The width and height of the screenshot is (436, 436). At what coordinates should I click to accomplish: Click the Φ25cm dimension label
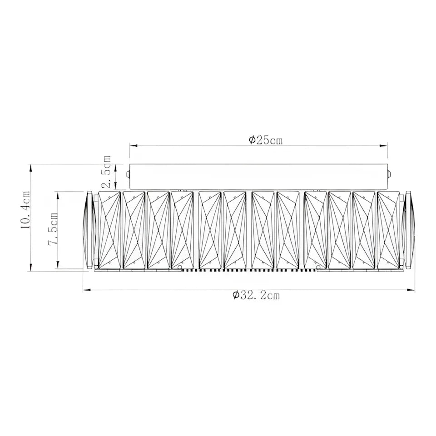pos(266,140)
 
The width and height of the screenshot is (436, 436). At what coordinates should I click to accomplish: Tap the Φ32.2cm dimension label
pos(256,296)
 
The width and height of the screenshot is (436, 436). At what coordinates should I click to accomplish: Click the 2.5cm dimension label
pos(107,172)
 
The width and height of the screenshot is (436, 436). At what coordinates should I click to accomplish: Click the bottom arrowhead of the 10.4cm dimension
pos(31,268)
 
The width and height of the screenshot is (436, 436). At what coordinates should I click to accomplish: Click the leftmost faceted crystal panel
pos(109,229)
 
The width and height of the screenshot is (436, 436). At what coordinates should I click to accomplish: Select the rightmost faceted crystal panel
pos(388,229)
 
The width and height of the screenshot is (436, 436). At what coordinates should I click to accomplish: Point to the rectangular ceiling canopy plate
pos(258,176)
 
